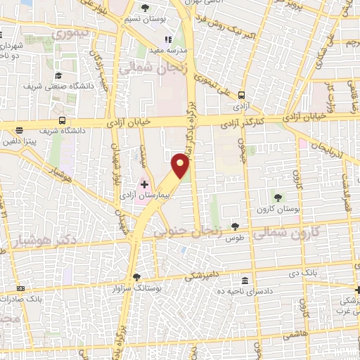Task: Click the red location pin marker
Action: point(181,166)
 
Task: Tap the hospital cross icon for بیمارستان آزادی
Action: point(145,185)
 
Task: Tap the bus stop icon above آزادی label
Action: point(242,95)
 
